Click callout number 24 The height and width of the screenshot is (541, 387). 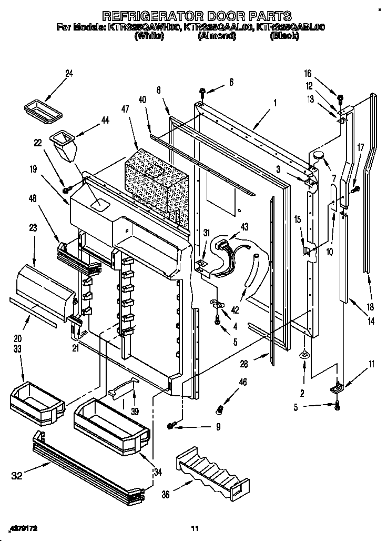(69, 74)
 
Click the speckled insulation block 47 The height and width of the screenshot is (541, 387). (156, 184)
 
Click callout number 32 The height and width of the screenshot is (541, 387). (17, 476)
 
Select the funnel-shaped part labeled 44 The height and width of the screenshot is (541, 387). (62, 148)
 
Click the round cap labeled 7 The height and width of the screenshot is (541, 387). (318, 153)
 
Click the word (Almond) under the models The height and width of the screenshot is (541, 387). (217, 37)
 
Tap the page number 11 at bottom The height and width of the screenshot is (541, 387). (195, 528)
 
